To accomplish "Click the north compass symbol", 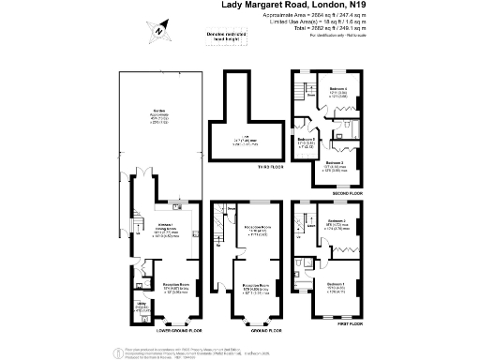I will [x=159, y=30].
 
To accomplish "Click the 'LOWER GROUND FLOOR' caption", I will [x=169, y=330].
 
